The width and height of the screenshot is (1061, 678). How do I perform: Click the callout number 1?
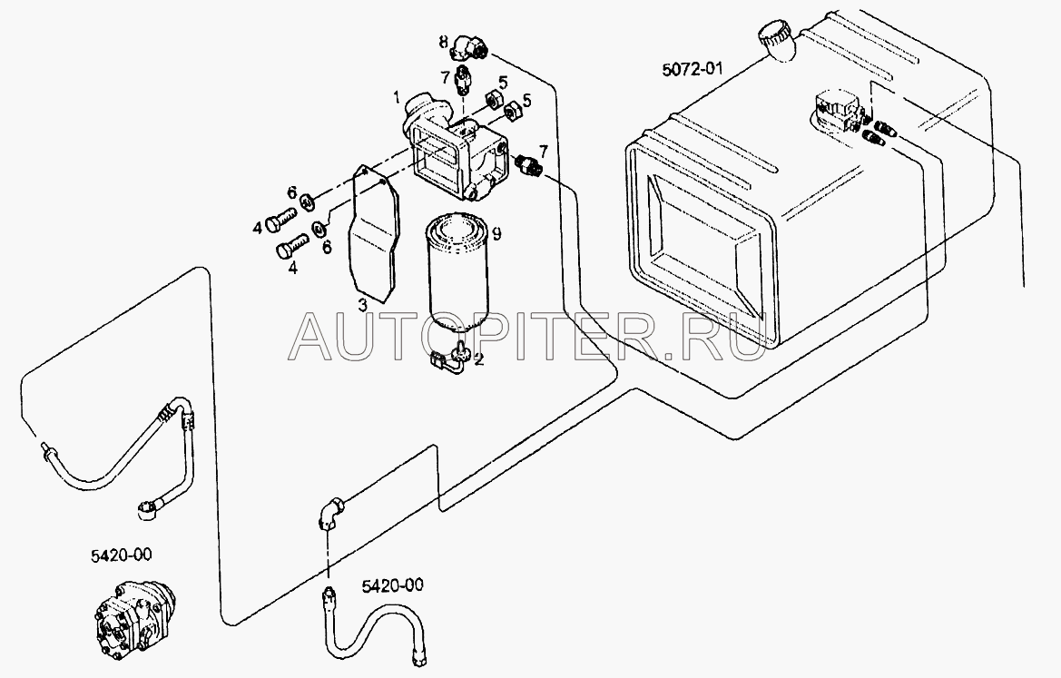pyautogui.click(x=396, y=95)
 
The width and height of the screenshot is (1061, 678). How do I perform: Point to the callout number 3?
pyautogui.click(x=360, y=304)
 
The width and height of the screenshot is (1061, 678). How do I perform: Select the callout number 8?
pyautogui.click(x=443, y=41)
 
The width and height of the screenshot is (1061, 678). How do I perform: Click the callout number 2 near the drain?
pyautogui.click(x=479, y=359)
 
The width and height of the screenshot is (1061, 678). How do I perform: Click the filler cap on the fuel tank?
pyautogui.click(x=774, y=39)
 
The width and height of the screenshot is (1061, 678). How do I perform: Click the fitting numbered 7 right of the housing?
pyautogui.click(x=527, y=165)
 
